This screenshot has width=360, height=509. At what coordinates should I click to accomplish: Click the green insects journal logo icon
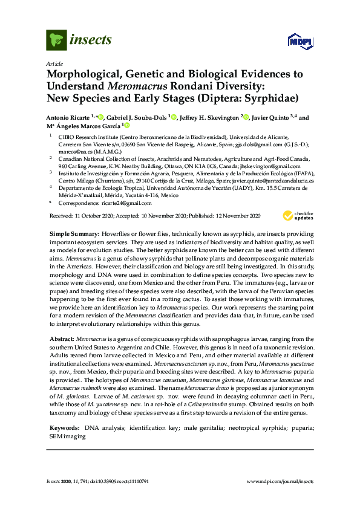pos(56,40)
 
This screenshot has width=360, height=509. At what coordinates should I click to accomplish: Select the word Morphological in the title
pos(85,74)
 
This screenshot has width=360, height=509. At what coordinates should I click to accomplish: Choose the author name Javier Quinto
pos(272,118)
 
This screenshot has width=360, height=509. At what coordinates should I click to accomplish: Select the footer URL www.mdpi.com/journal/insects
pos(281,481)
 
